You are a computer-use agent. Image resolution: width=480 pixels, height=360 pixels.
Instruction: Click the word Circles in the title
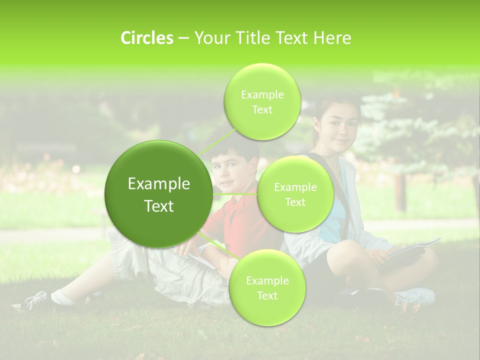tap(146, 38)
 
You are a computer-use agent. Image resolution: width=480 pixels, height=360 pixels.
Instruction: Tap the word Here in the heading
tap(332, 38)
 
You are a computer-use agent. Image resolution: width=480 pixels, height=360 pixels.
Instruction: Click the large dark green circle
tap(158, 194)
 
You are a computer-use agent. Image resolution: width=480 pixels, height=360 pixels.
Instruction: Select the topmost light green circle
tap(262, 102)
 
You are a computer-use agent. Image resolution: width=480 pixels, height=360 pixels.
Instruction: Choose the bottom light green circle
tap(267, 288)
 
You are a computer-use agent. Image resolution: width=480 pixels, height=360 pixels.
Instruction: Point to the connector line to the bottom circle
tap(218, 245)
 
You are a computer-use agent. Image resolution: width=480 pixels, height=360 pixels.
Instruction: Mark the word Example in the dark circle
tap(158, 184)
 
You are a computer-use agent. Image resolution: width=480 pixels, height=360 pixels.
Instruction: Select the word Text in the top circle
tap(262, 110)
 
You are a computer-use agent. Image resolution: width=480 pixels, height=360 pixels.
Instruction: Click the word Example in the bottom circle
tap(267, 281)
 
